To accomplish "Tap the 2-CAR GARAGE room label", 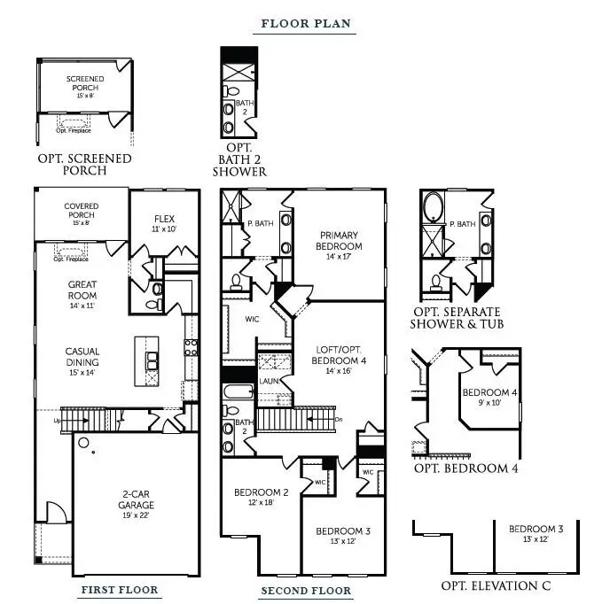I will [x=136, y=501].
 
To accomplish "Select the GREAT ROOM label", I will [x=82, y=290].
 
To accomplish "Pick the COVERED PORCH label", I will [x=82, y=211].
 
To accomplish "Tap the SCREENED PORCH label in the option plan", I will [x=85, y=84].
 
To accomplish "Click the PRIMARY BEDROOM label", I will [x=340, y=240].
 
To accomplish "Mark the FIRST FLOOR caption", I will [x=120, y=590].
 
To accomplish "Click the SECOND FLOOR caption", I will [x=306, y=591].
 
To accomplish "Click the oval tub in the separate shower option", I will [x=434, y=209].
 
